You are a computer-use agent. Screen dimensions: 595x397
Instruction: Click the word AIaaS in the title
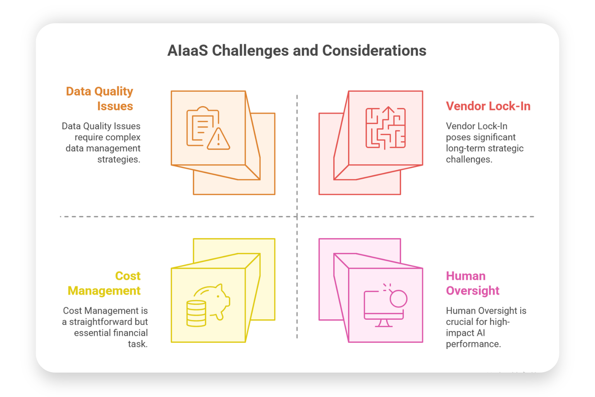[x=187, y=50]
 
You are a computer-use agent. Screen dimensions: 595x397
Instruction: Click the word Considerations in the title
[x=374, y=50]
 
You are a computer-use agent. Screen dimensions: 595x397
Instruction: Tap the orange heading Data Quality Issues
[x=100, y=98]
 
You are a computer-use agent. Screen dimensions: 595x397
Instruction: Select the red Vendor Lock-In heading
[x=488, y=106]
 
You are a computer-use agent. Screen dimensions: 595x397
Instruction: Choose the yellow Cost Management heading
[x=104, y=283]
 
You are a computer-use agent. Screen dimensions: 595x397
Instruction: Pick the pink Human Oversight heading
[x=473, y=283]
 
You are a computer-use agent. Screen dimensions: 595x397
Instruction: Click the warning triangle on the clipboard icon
[x=218, y=139]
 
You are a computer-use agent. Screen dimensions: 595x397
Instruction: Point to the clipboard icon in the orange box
[x=203, y=126]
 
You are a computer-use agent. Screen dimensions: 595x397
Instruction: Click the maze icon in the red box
[x=385, y=128]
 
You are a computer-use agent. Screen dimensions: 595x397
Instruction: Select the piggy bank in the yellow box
[x=212, y=301]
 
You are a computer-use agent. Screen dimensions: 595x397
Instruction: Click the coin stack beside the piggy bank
[x=196, y=313]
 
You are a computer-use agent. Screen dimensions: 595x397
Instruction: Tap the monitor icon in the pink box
[x=384, y=309]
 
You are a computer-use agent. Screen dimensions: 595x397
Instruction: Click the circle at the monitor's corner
[x=399, y=299]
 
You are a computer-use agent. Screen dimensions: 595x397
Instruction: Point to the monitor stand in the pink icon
[x=384, y=323]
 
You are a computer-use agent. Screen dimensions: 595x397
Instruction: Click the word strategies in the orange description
[x=119, y=159]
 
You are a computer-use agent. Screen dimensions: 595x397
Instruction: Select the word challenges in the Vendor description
[x=469, y=159]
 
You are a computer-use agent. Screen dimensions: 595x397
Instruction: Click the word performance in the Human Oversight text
[x=473, y=344]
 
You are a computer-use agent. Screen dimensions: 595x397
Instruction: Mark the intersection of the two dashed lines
[x=297, y=217]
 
